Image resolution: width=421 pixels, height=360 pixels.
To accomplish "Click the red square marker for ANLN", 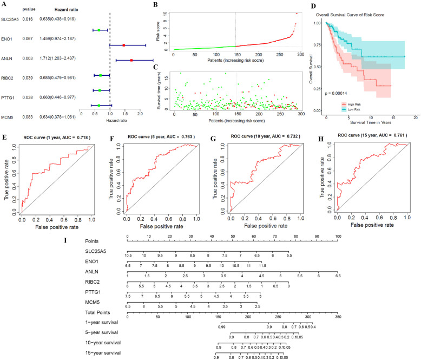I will coord(131,60).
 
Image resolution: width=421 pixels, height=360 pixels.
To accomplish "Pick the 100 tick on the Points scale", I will coord(338,237).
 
